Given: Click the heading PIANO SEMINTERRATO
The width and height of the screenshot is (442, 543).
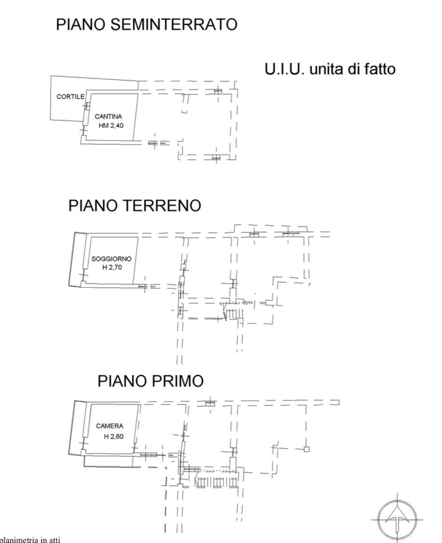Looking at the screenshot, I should point(146,24).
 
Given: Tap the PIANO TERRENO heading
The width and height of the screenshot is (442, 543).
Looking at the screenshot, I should point(134,206).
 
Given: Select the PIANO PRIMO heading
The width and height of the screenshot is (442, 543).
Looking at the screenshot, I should point(151,381).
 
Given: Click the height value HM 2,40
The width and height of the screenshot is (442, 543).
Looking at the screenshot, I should point(111,126).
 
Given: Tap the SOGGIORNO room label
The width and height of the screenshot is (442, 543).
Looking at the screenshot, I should point(111,259).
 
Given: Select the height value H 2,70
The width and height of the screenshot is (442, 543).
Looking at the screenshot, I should point(112,267).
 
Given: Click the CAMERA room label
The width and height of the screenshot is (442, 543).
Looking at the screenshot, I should point(109,426).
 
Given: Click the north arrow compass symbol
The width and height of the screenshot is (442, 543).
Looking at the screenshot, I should point(398,519).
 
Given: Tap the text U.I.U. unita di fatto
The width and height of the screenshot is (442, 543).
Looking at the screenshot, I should point(330,70).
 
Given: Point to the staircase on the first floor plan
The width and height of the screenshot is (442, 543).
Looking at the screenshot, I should point(215,482).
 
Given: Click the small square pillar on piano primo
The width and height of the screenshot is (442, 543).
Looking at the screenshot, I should point(306,449).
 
